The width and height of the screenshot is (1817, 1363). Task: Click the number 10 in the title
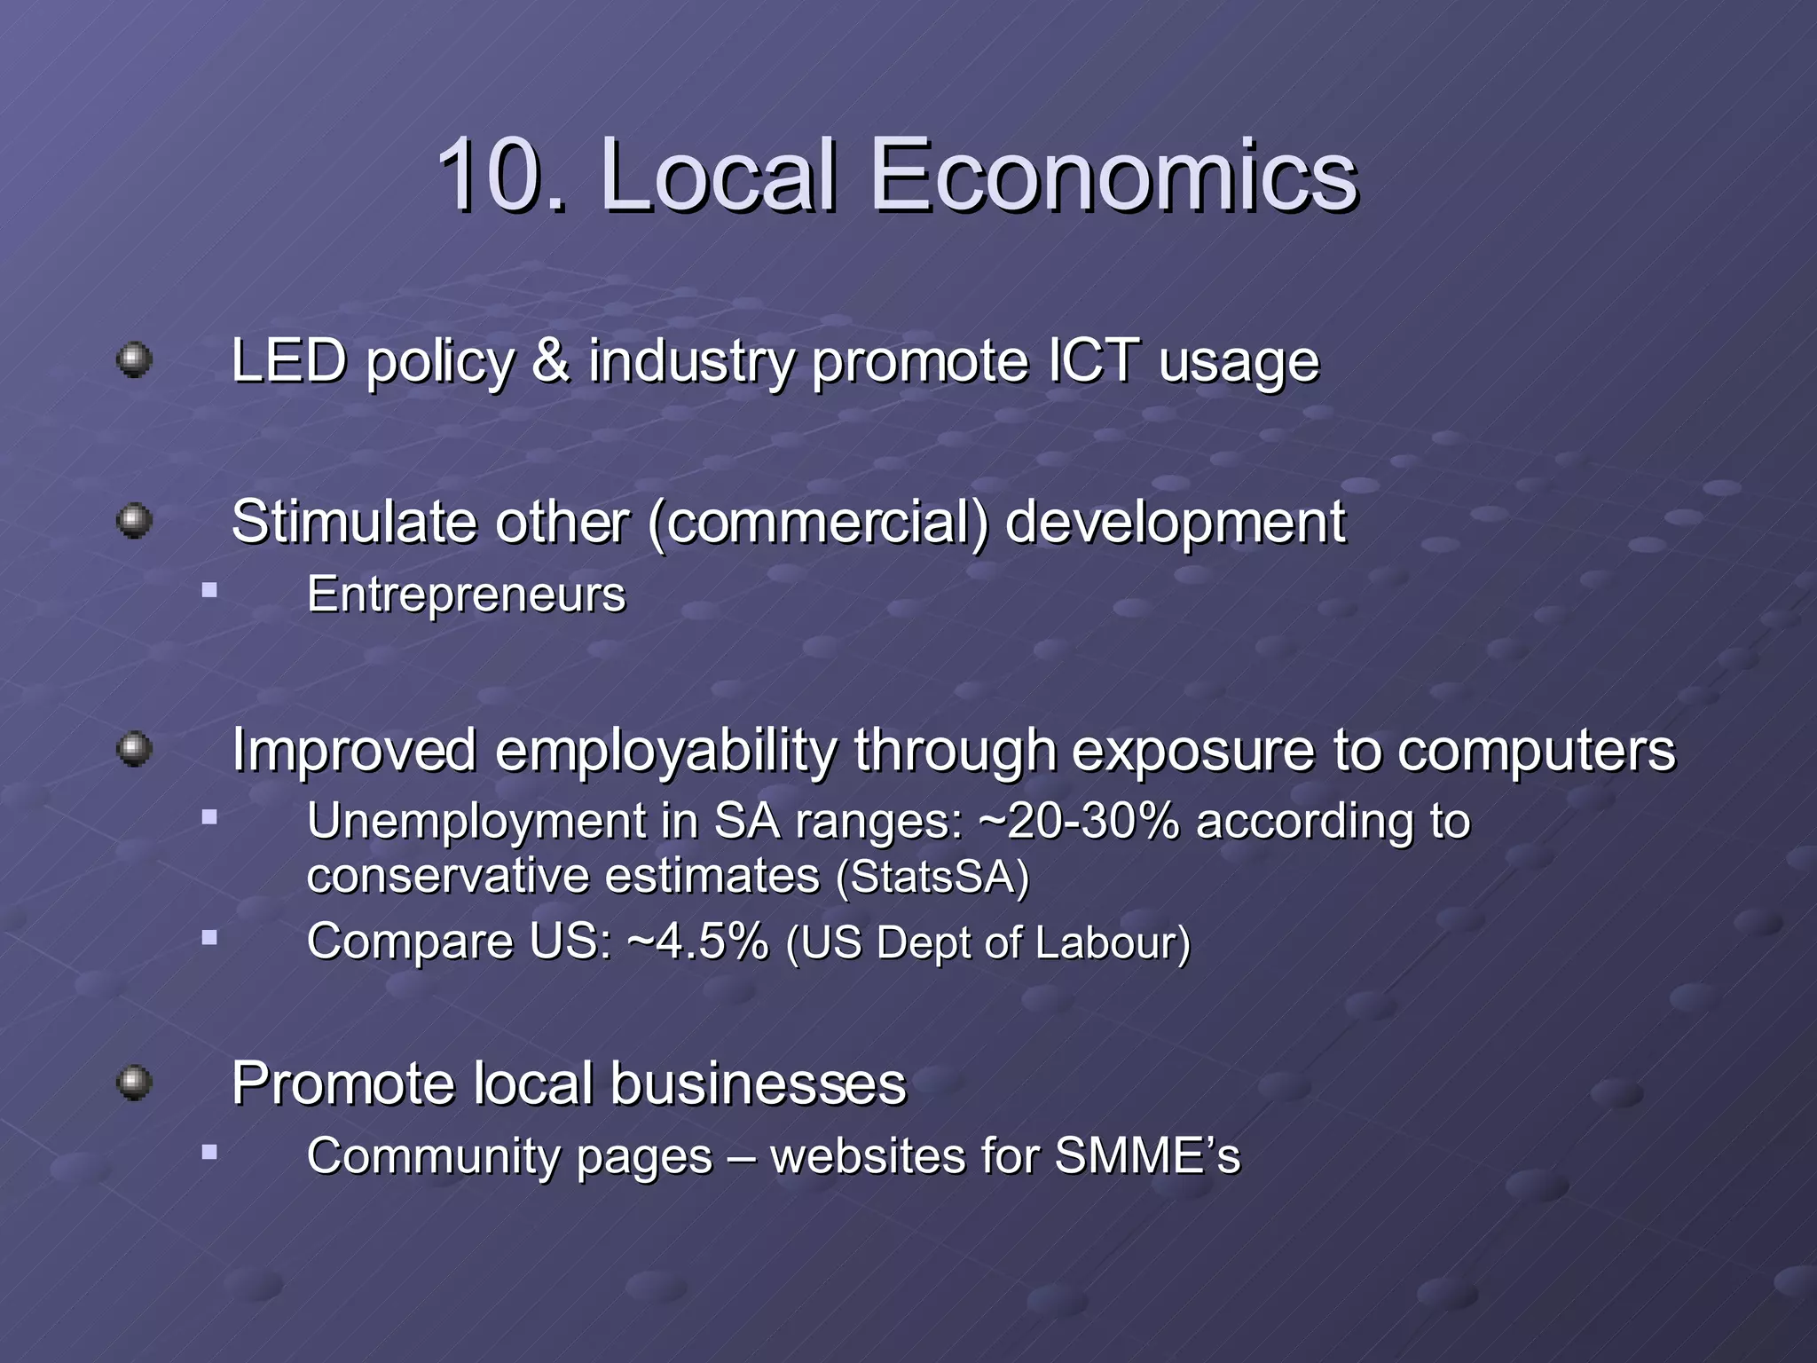(491, 175)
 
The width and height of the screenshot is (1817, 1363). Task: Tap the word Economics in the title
(1115, 175)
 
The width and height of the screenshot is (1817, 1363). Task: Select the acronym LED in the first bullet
(288, 361)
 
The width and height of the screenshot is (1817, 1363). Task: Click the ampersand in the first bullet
(551, 361)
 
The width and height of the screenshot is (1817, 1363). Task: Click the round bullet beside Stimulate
(134, 520)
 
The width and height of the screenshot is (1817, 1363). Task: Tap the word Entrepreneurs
(466, 595)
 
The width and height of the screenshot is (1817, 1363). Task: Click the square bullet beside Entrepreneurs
(209, 590)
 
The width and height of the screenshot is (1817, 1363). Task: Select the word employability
(665, 751)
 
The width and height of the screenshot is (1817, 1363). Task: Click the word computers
(1537, 751)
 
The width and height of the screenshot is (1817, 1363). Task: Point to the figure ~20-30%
(1079, 821)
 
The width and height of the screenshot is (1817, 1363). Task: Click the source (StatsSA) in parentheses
(932, 877)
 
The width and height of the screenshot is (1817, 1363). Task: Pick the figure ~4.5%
(697, 941)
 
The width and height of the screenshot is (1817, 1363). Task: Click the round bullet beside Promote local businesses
(134, 1083)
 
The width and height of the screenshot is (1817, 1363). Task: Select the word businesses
(758, 1083)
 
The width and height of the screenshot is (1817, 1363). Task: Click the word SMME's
(1147, 1156)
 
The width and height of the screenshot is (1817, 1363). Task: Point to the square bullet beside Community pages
(209, 1153)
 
